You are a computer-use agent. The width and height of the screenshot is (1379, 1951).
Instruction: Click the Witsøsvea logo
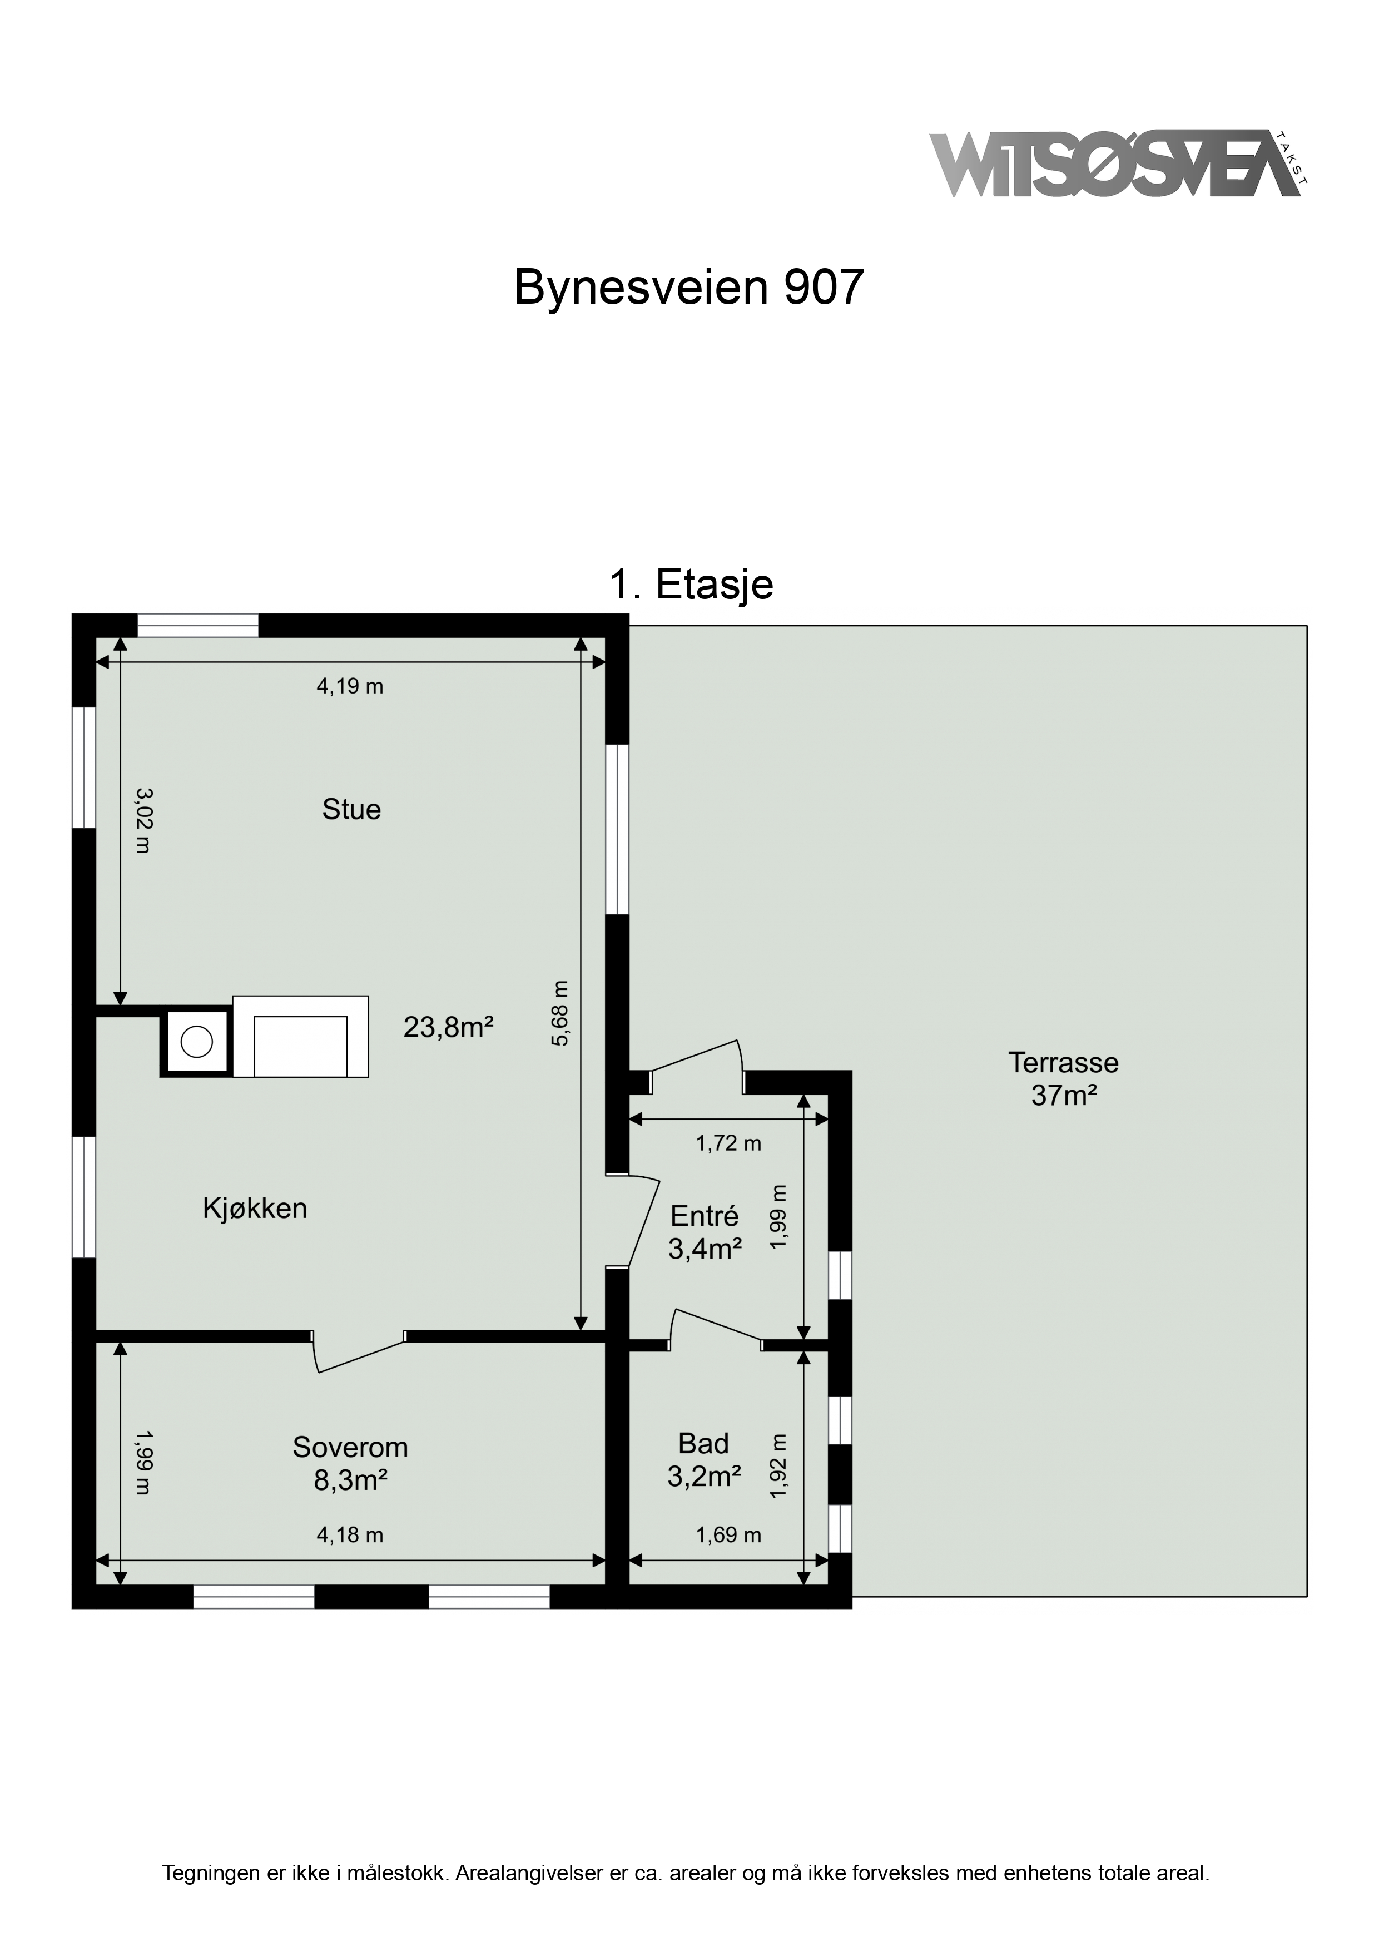(1119, 164)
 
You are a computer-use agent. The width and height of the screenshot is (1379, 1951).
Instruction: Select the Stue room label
(351, 809)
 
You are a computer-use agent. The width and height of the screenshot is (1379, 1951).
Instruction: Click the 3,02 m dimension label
(143, 820)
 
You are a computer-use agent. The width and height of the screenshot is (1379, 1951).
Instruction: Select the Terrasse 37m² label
(1064, 1078)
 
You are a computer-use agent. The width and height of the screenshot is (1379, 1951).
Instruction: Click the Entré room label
(705, 1216)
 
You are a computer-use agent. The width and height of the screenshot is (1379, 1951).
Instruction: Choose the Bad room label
(703, 1443)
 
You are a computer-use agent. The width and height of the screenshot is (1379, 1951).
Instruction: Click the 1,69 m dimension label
(728, 1534)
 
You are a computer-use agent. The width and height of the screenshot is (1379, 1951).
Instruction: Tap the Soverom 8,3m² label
(350, 1463)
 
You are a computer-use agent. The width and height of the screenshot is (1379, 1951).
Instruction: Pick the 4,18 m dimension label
(350, 1534)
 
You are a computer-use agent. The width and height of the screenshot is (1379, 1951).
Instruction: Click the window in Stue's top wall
(198, 626)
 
